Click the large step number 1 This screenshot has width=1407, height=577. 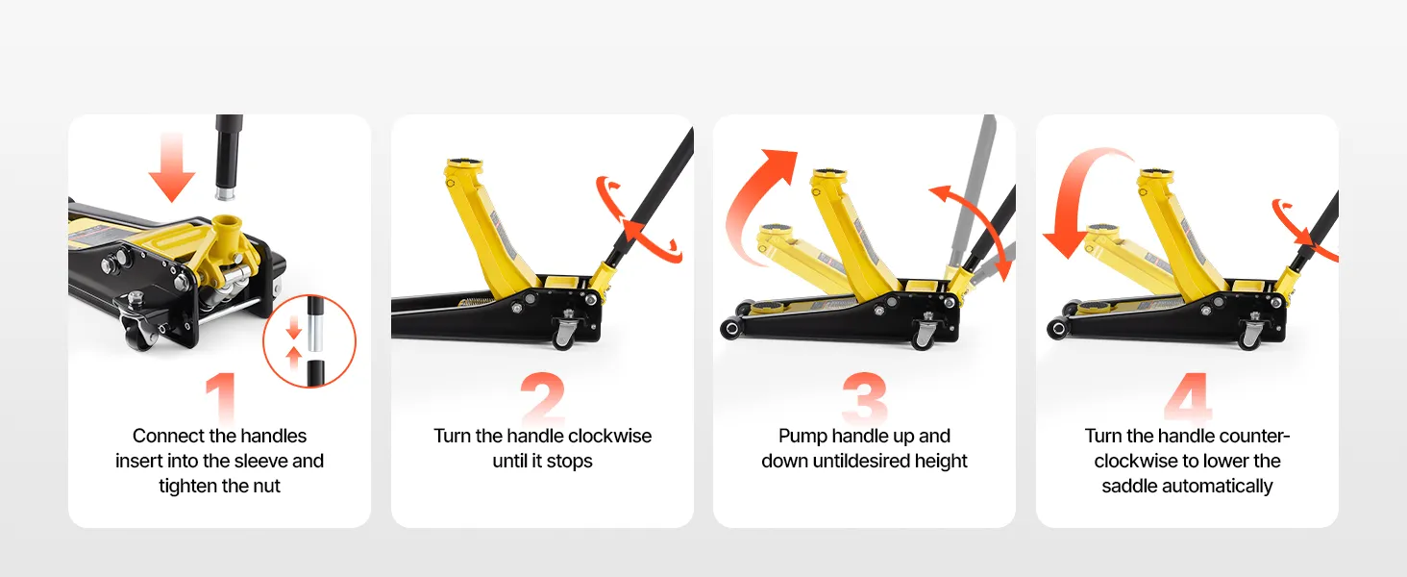221,397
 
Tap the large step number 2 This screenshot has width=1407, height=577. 543,397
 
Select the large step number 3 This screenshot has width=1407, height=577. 864,397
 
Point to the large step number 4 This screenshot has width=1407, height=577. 1187,397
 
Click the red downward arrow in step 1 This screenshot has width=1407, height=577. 172,166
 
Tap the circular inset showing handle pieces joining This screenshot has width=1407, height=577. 309,340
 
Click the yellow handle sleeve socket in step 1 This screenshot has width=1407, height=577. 228,230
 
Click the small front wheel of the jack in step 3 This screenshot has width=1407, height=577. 729,329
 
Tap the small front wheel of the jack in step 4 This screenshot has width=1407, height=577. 1056,329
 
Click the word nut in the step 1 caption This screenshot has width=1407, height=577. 265,486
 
